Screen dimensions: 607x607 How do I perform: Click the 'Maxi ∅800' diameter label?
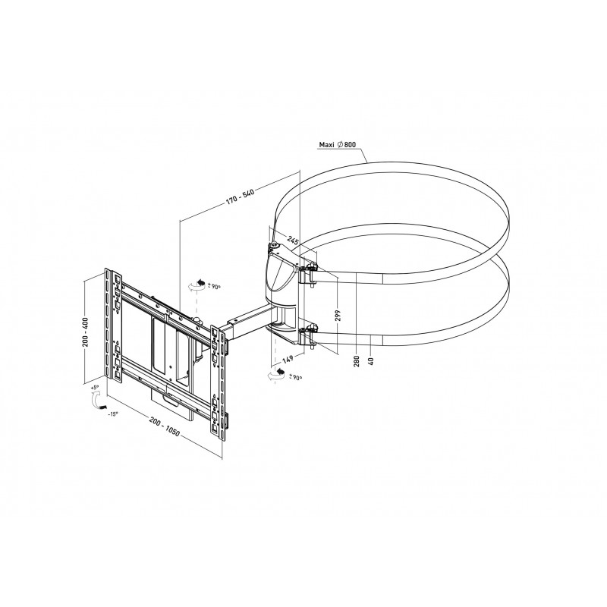pos(343,144)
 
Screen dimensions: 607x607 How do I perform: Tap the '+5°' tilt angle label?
pos(94,387)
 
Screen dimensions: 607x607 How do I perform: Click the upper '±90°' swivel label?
pos(214,287)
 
